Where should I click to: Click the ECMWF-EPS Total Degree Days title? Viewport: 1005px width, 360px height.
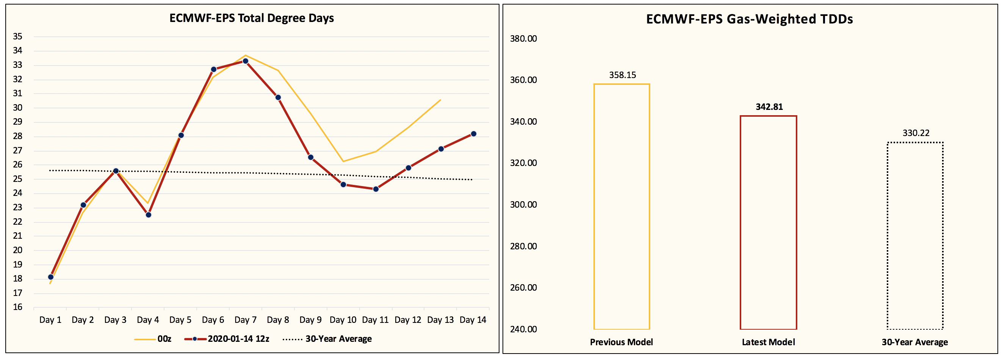click(x=251, y=18)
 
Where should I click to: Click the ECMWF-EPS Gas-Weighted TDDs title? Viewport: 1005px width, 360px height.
click(x=749, y=19)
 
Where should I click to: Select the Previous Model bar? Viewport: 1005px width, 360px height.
click(x=621, y=207)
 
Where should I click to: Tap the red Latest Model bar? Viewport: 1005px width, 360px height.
click(x=768, y=222)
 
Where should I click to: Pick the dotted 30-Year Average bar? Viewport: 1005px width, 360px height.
click(x=915, y=236)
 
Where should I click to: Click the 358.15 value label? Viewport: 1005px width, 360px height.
click(x=622, y=75)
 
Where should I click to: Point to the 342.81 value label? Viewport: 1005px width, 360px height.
click(x=769, y=107)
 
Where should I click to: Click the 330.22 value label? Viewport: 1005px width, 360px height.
click(x=916, y=133)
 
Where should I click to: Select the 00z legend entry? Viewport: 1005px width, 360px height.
click(x=153, y=339)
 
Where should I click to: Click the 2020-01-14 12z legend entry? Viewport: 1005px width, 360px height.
click(x=227, y=339)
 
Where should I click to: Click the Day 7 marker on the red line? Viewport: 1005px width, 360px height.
click(x=246, y=61)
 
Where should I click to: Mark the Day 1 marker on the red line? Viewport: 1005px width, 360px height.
click(x=51, y=277)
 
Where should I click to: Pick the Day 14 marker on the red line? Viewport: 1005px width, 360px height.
click(x=473, y=134)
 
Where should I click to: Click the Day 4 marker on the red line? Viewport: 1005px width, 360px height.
click(x=148, y=215)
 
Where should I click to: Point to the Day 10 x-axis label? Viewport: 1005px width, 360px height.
click(x=343, y=320)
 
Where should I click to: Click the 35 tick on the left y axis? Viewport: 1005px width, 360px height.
click(x=17, y=36)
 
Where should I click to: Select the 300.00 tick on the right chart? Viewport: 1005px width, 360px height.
click(x=523, y=205)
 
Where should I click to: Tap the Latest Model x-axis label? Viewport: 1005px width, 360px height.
click(x=768, y=342)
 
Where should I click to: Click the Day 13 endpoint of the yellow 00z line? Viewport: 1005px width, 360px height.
click(x=440, y=100)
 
